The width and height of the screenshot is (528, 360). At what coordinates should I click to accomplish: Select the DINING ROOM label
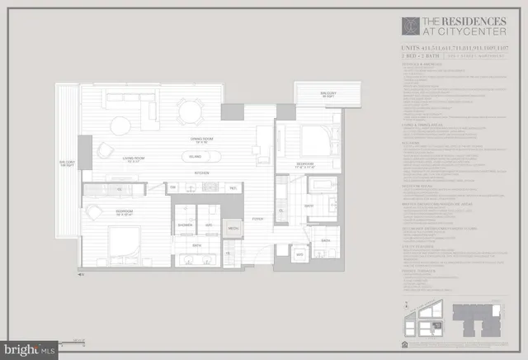[x=196, y=138]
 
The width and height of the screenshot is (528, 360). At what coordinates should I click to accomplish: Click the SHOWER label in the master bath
[x=184, y=225]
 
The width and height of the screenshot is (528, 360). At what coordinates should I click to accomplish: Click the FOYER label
[x=257, y=219]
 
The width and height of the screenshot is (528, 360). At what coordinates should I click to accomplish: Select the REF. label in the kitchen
[x=233, y=188]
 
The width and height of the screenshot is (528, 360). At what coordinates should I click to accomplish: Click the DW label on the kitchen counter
[x=174, y=188]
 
